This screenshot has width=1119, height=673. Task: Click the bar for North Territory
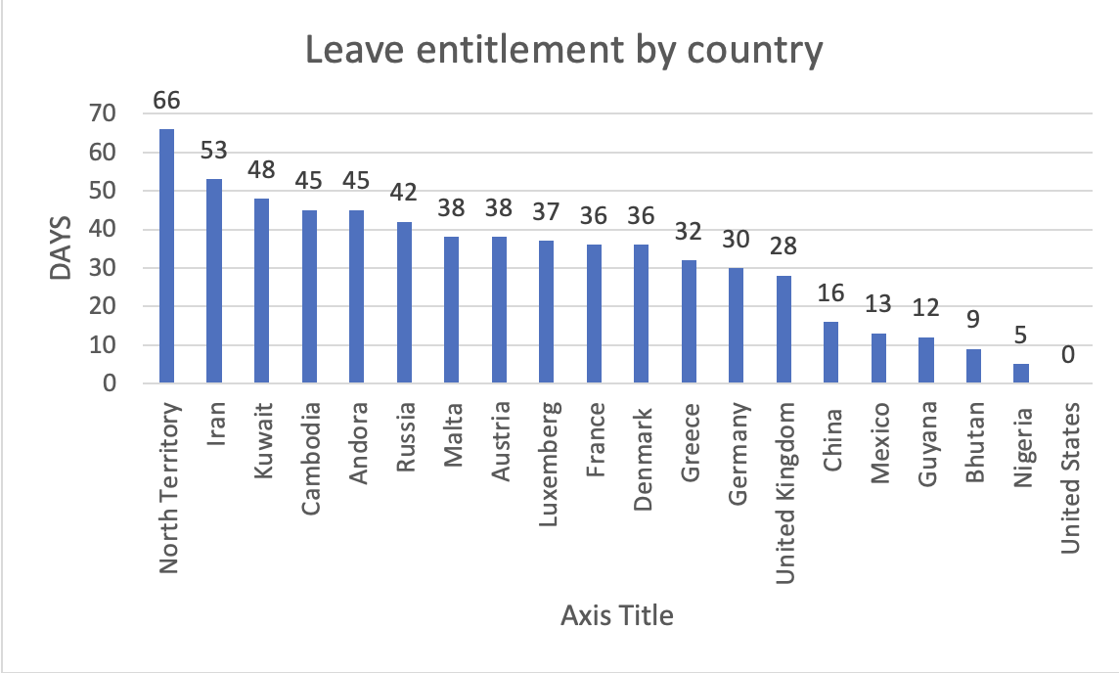tap(166, 256)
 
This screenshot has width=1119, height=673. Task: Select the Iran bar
tap(214, 282)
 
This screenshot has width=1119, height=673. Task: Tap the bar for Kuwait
tap(261, 292)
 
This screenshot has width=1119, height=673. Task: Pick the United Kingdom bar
tap(783, 330)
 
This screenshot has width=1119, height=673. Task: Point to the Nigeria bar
tap(1020, 374)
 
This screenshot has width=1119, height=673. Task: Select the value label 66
tap(166, 101)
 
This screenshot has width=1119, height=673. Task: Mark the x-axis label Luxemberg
tap(548, 449)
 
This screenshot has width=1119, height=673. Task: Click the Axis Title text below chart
tap(617, 616)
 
